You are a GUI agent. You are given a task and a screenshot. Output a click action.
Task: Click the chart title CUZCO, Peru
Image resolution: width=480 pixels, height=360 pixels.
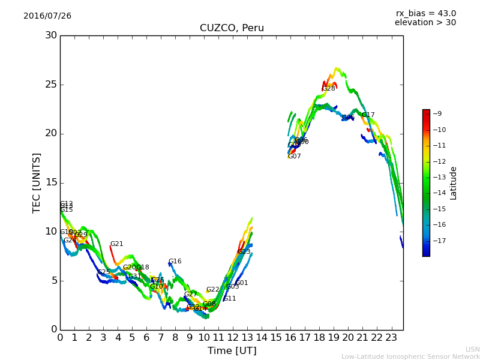[232, 28]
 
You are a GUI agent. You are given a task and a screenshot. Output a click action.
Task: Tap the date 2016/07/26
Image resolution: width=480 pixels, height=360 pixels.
[47, 16]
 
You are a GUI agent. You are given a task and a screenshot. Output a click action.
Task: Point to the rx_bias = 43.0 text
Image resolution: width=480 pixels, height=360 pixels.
[425, 13]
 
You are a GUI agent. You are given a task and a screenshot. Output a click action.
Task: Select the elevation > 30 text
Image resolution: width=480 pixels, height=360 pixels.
[425, 23]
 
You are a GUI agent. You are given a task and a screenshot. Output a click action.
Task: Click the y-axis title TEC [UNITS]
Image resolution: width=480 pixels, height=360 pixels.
[37, 182]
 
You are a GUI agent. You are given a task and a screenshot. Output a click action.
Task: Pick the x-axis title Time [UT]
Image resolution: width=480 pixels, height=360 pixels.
[232, 350]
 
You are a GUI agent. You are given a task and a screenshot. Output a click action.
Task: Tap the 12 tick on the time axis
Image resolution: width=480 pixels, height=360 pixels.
[233, 338]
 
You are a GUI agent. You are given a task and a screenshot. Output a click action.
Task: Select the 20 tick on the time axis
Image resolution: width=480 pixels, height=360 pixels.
[348, 338]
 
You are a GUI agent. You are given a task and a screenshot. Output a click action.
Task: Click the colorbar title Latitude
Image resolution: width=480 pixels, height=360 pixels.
[454, 183]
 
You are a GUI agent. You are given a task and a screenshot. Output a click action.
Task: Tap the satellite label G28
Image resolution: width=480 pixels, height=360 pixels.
[329, 89]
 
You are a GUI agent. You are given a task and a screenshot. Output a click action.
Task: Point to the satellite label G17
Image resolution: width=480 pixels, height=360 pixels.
[368, 115]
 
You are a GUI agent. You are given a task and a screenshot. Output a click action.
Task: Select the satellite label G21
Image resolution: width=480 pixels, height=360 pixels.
[116, 244]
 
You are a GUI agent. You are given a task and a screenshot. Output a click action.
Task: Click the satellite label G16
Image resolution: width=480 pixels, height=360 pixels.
[175, 262]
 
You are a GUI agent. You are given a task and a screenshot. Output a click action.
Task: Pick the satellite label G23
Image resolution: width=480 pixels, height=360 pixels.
[244, 252]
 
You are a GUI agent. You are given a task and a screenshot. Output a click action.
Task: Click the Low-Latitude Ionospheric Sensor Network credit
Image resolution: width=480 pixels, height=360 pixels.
[410, 357]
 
